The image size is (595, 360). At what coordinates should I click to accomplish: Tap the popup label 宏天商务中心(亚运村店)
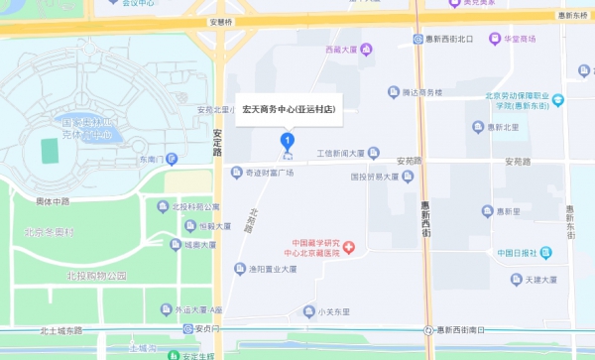click(x=289, y=111)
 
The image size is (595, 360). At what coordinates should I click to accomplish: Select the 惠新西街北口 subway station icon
click(x=417, y=39)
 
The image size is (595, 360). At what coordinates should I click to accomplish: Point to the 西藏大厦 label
click(x=339, y=49)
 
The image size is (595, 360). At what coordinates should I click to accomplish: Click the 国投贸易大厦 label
click(x=381, y=178)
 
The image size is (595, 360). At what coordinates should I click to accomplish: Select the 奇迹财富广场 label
click(x=270, y=173)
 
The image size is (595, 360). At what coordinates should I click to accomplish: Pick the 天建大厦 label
click(x=545, y=281)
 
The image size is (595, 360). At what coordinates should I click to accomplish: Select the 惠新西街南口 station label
click(x=465, y=329)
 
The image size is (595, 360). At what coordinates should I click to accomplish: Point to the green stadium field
click(x=49, y=150)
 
